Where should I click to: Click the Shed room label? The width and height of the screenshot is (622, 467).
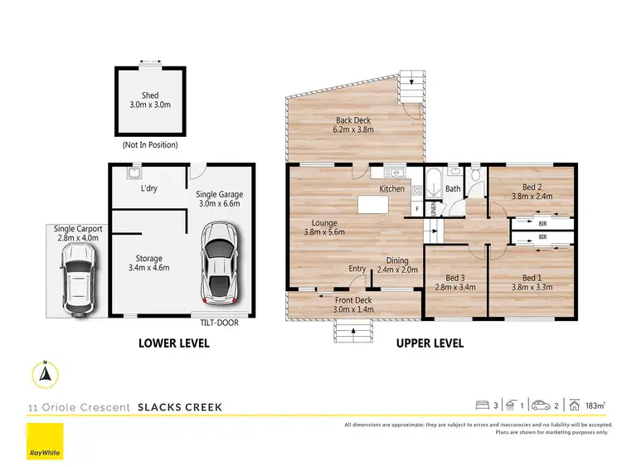point(149,95)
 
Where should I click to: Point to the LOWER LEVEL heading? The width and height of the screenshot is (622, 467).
point(173,343)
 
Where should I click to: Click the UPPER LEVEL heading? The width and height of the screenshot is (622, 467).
point(430,343)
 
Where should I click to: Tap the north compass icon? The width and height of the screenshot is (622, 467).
point(46,375)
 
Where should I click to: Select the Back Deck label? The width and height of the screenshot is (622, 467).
point(353,120)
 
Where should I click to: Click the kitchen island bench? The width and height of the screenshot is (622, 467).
point(374,204)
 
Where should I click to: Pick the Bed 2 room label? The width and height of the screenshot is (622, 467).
point(531,186)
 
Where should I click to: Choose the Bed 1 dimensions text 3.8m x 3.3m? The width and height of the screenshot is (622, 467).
point(531,288)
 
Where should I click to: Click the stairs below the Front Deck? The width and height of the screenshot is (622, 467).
point(353,332)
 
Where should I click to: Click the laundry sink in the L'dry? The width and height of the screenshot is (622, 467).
point(132,173)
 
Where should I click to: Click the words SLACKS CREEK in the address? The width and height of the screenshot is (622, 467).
point(180,407)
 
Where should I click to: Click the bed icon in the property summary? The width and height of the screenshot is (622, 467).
point(482,406)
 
